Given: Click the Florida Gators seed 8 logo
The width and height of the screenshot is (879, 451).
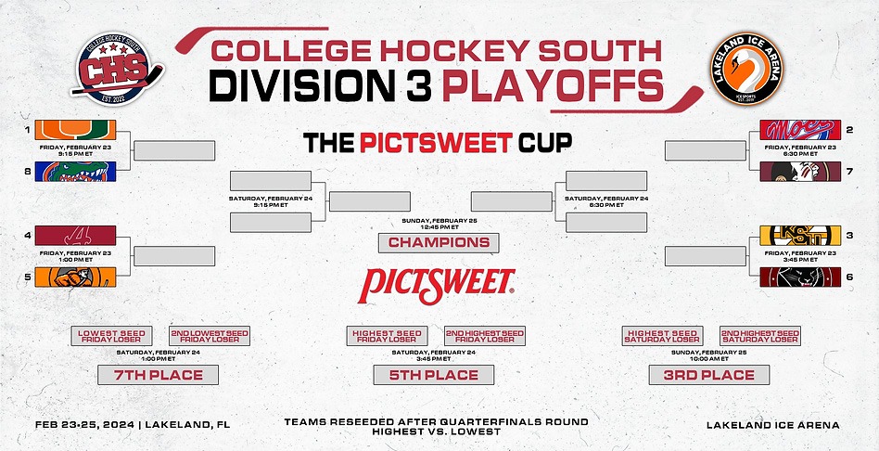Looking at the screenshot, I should (x=75, y=171).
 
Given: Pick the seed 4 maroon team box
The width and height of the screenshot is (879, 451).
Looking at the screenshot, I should (x=75, y=236).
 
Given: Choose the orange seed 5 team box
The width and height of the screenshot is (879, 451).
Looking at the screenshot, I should (x=75, y=276).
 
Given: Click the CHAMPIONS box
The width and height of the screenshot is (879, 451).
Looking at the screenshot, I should (x=439, y=242).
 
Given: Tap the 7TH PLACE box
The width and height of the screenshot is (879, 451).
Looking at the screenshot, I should (x=158, y=375).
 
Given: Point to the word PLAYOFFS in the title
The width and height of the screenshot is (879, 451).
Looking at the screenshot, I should (x=553, y=86).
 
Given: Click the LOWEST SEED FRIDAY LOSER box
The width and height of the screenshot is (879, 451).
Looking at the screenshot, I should (x=111, y=336).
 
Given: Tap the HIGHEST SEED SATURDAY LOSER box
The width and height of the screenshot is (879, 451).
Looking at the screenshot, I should (x=662, y=336).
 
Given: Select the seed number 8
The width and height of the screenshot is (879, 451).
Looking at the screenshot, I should (x=28, y=171).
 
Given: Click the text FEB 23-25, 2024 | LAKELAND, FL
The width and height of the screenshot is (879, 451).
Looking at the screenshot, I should (x=133, y=425).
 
